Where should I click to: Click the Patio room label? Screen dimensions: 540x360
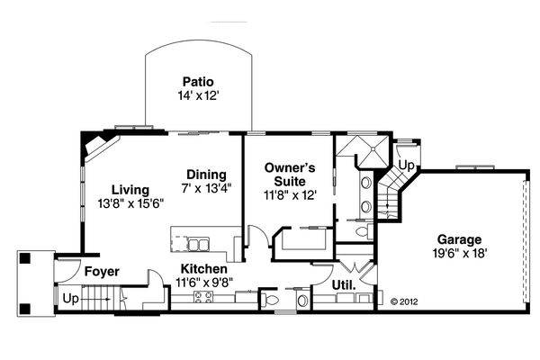click(198, 82)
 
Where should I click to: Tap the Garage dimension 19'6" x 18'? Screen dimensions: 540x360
click(459, 254)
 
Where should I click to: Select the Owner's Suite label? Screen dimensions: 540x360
click(290, 175)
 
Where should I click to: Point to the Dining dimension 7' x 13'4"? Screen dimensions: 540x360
click(206, 188)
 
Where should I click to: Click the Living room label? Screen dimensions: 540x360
click(130, 190)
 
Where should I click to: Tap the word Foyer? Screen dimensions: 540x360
click(102, 272)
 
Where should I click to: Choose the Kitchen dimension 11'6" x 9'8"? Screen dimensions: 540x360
click(204, 283)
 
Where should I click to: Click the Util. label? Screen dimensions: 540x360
click(344, 285)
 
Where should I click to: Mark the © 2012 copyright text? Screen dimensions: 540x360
click(404, 301)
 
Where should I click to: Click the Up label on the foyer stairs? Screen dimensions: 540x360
click(70, 299)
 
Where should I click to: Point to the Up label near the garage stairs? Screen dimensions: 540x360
click(407, 166)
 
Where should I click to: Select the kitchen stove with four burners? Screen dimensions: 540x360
click(203, 297)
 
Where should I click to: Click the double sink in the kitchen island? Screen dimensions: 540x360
click(198, 244)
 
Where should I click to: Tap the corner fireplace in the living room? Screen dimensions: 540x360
click(101, 147)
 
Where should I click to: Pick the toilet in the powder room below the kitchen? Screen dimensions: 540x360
click(270, 300)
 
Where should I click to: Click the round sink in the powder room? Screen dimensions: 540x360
click(302, 301)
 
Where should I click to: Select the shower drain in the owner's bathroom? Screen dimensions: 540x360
click(373, 148)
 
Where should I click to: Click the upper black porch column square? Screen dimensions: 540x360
click(25, 258)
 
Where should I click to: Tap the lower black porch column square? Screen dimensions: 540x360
click(25, 309)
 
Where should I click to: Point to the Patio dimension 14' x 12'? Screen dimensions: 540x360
click(198, 95)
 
